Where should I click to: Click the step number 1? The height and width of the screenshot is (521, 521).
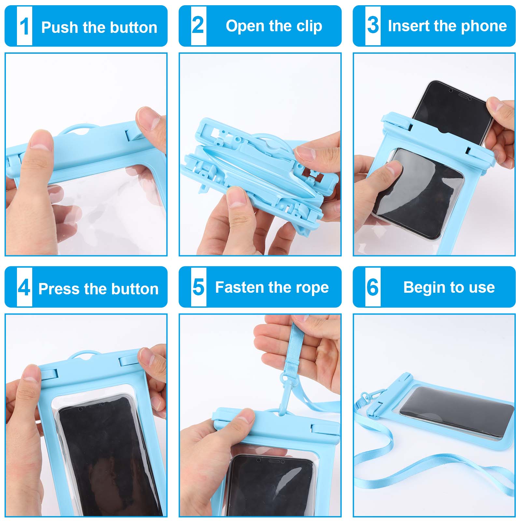(x=24, y=26)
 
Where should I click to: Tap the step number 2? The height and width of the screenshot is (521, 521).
(x=198, y=25)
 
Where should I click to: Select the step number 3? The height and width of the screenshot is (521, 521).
(x=373, y=25)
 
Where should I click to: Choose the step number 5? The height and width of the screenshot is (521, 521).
(x=198, y=287)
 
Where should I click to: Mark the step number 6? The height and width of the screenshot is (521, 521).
(x=373, y=287)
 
